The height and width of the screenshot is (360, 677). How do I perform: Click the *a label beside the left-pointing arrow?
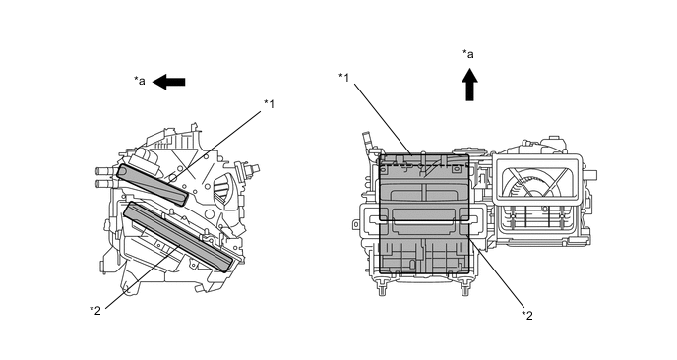click(139, 81)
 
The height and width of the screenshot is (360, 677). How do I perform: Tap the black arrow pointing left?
click(169, 82)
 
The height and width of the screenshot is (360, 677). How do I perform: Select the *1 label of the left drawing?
click(269, 104)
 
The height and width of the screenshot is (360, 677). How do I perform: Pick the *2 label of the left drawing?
click(95, 311)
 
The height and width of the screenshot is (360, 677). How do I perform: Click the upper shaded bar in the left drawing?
click(153, 184)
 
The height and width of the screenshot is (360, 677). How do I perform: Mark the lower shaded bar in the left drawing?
click(178, 237)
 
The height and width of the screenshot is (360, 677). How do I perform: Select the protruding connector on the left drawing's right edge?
click(250, 168)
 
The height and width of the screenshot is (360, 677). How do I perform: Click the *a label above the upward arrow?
click(468, 54)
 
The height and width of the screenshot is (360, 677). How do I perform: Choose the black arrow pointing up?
click(469, 85)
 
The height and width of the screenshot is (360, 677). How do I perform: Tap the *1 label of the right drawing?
click(344, 78)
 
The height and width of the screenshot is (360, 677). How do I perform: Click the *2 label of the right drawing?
click(526, 315)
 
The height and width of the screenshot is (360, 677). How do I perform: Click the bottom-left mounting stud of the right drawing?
click(382, 287)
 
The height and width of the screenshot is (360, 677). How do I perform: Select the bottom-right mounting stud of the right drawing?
click(465, 287)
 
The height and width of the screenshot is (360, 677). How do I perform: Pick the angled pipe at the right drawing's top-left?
click(368, 144)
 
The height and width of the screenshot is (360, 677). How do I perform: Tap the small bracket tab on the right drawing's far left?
click(355, 224)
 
